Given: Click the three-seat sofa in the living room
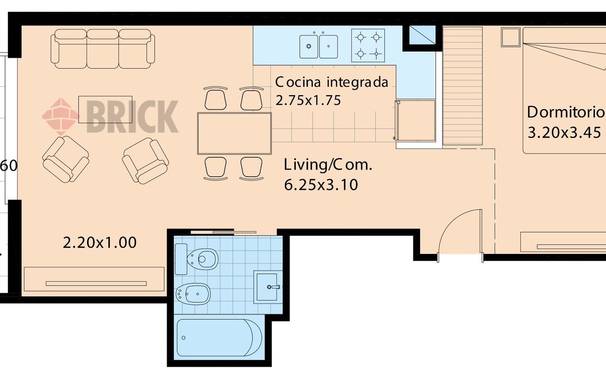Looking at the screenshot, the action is [103, 49].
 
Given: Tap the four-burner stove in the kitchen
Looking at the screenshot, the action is [368, 45].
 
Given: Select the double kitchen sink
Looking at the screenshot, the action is [319, 46].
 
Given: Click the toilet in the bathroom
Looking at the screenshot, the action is [196, 259].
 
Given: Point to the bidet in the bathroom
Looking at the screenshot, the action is [193, 294].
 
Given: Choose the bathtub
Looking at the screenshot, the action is [219, 338].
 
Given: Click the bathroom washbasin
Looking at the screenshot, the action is [267, 287].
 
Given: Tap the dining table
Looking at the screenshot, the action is [234, 134].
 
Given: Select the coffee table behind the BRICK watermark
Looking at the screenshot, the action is [105, 109].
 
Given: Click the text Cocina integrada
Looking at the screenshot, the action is [332, 82].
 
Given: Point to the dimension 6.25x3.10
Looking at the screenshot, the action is [321, 185].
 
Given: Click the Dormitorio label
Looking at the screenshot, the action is [566, 112].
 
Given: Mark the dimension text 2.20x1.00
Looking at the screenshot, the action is [99, 243].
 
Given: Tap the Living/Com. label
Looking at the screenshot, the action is [328, 165].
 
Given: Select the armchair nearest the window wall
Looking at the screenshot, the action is [66, 160].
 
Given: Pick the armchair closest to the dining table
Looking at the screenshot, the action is [145, 161].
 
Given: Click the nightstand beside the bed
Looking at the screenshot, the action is [510, 37].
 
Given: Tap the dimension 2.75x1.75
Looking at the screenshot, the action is [308, 100].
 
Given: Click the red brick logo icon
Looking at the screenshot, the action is [61, 117].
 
